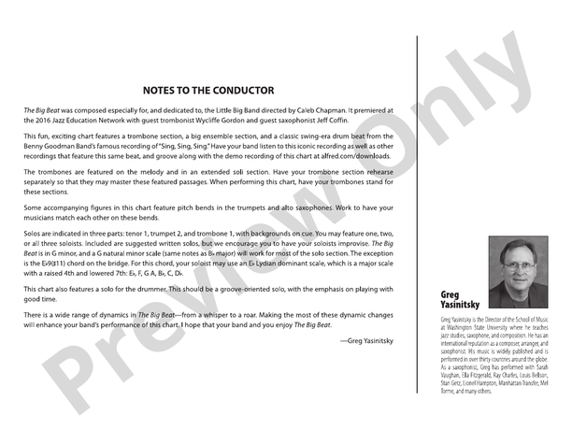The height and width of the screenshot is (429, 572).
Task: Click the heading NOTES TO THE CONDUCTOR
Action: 207,91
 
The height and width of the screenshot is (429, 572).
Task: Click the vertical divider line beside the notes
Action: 417,206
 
